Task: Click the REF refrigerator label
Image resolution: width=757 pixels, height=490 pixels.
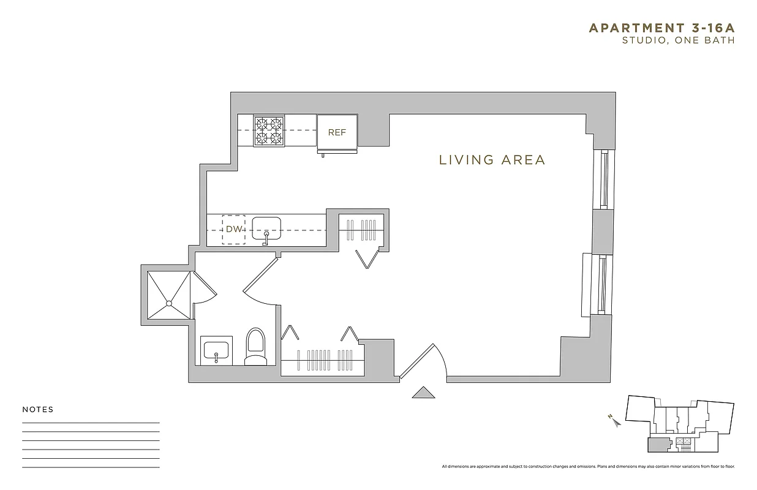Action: pos(337,132)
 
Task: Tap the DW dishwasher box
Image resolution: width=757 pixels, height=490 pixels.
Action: pos(233,230)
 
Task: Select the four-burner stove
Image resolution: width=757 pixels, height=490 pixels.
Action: pos(270,131)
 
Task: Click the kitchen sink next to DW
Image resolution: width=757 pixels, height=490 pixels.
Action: pos(266,229)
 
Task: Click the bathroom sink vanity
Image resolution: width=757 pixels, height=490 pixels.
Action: pos(216,351)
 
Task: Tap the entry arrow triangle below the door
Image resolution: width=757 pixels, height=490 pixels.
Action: pos(423,393)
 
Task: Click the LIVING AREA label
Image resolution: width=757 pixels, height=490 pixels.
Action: pos(492,160)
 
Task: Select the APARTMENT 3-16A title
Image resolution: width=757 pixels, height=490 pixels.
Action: pos(661,28)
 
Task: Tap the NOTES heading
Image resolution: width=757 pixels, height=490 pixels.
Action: pos(38,410)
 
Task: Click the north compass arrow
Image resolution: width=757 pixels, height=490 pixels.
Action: pos(614,420)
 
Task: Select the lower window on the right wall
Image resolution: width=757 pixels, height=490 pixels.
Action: pos(602,285)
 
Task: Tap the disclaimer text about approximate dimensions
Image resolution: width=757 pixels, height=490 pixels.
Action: pos(589,467)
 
